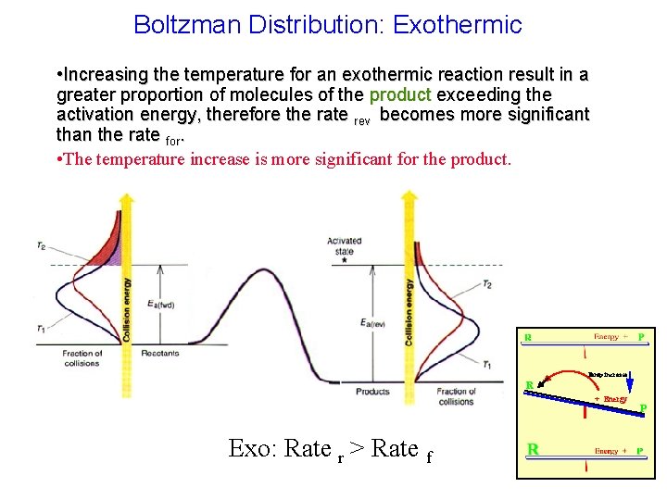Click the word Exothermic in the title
(458, 24)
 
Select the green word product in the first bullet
(399, 94)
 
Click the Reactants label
(160, 354)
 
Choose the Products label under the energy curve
(373, 392)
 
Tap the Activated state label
(345, 245)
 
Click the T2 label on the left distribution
(42, 245)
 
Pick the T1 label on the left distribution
(42, 329)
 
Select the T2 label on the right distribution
(487, 284)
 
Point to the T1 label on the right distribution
(487, 364)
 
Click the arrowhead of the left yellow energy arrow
(126, 198)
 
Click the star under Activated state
(345, 261)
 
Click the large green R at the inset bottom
(534, 449)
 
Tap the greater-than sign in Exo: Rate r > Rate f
(355, 449)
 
